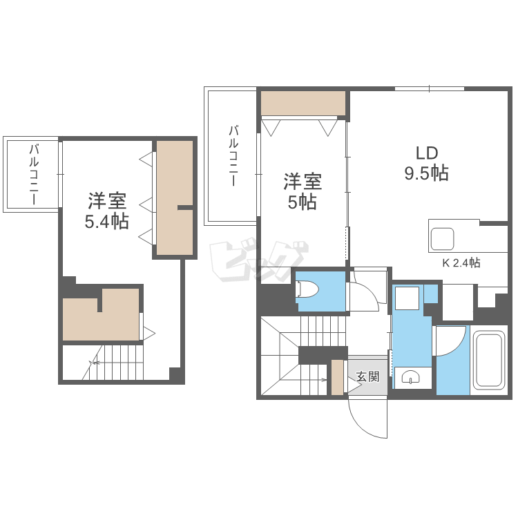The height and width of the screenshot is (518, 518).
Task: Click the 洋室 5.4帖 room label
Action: (x=106, y=211)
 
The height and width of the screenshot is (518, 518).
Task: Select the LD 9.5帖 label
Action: (x=426, y=164)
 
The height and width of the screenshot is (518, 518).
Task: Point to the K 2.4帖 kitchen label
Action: (x=461, y=262)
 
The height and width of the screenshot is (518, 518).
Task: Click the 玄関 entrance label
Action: (x=367, y=376)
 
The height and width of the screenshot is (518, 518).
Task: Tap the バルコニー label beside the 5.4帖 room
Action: (x=33, y=175)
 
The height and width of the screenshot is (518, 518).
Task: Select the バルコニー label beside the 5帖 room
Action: (x=233, y=155)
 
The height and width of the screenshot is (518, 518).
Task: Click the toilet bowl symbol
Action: (x=306, y=289)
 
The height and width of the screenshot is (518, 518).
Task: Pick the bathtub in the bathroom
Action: (x=490, y=361)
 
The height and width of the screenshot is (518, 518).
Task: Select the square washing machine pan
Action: (x=407, y=298)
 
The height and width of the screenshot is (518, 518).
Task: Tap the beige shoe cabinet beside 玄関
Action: (x=337, y=377)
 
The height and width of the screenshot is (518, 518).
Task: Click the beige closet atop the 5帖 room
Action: (x=303, y=104)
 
